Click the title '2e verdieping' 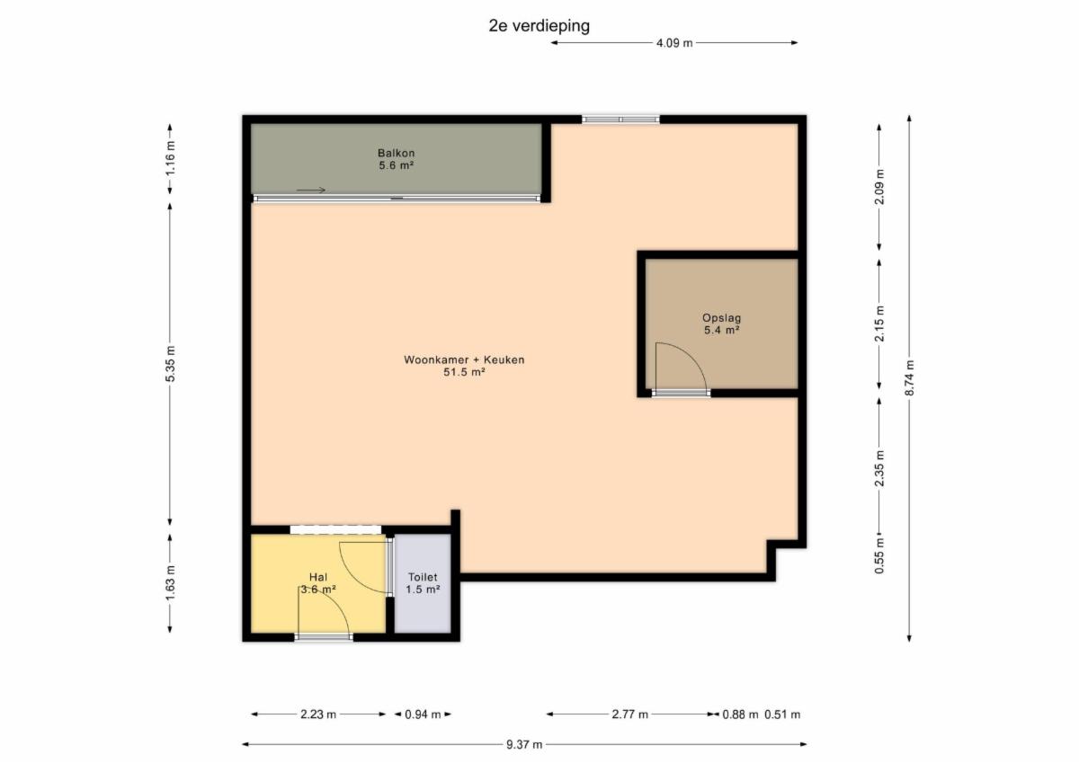coord(539,26)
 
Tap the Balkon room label coord(396,159)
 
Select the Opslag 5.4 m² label coord(721,324)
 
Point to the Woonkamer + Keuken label coord(464,366)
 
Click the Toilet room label coord(423,583)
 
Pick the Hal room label coord(318,583)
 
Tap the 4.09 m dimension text coord(674,43)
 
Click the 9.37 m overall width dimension coord(524,745)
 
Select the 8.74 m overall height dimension coord(909,377)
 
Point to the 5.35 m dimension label coord(170,364)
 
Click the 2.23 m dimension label coord(318,714)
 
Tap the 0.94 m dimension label coord(423,714)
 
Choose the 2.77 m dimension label coord(630,714)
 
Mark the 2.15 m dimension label coord(879,324)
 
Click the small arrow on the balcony coord(311,191)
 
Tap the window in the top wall coord(620,120)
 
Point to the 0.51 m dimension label coord(782,714)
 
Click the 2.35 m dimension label coord(879,468)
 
